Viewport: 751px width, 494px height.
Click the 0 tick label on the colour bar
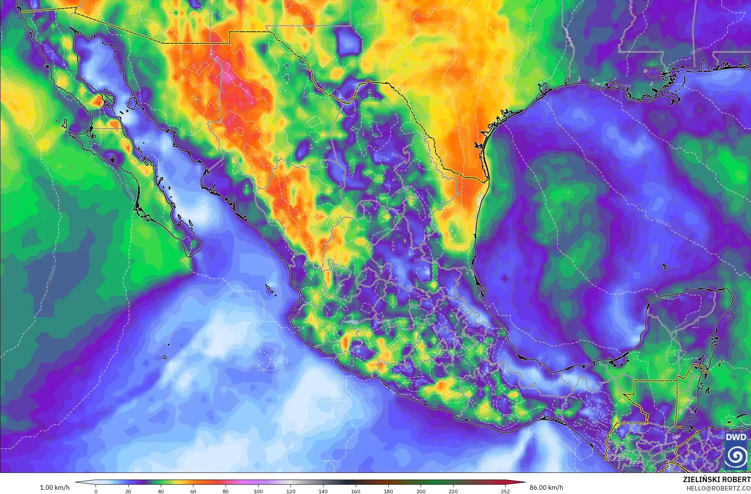[x=96, y=491]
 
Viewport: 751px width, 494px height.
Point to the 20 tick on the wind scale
[x=128, y=491]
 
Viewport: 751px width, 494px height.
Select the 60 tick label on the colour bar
[x=193, y=491]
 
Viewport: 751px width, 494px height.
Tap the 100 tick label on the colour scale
[x=258, y=491]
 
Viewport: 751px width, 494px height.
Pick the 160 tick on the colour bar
[x=356, y=491]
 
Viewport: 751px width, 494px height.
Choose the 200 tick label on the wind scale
[x=421, y=491]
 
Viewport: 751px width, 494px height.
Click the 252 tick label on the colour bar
[x=505, y=491]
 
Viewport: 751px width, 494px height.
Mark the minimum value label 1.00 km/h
[x=55, y=487]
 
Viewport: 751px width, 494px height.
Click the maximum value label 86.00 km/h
[x=546, y=487]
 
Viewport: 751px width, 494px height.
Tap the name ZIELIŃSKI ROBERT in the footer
[x=716, y=479]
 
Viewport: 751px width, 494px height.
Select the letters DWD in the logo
[x=736, y=437]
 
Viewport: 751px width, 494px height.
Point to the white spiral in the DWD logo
[x=736, y=456]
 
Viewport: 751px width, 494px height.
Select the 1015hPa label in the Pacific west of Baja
[x=53, y=270]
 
